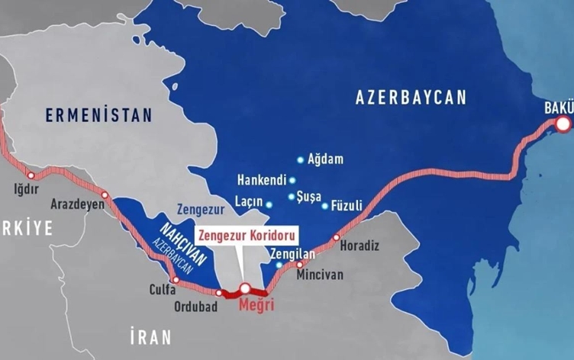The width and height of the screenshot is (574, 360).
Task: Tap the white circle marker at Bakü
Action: pos(563,124)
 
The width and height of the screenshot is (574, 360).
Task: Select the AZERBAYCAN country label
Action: pos(410,98)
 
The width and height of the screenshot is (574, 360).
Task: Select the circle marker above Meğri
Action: pos(245,288)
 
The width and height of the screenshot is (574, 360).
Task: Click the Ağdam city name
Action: pos(326,160)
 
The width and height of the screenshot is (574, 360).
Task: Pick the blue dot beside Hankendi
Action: pos(292,180)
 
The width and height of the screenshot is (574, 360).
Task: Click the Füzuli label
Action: pos(347,205)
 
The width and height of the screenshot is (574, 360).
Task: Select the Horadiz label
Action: pos(359,246)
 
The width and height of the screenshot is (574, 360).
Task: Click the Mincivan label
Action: pos(320,274)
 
